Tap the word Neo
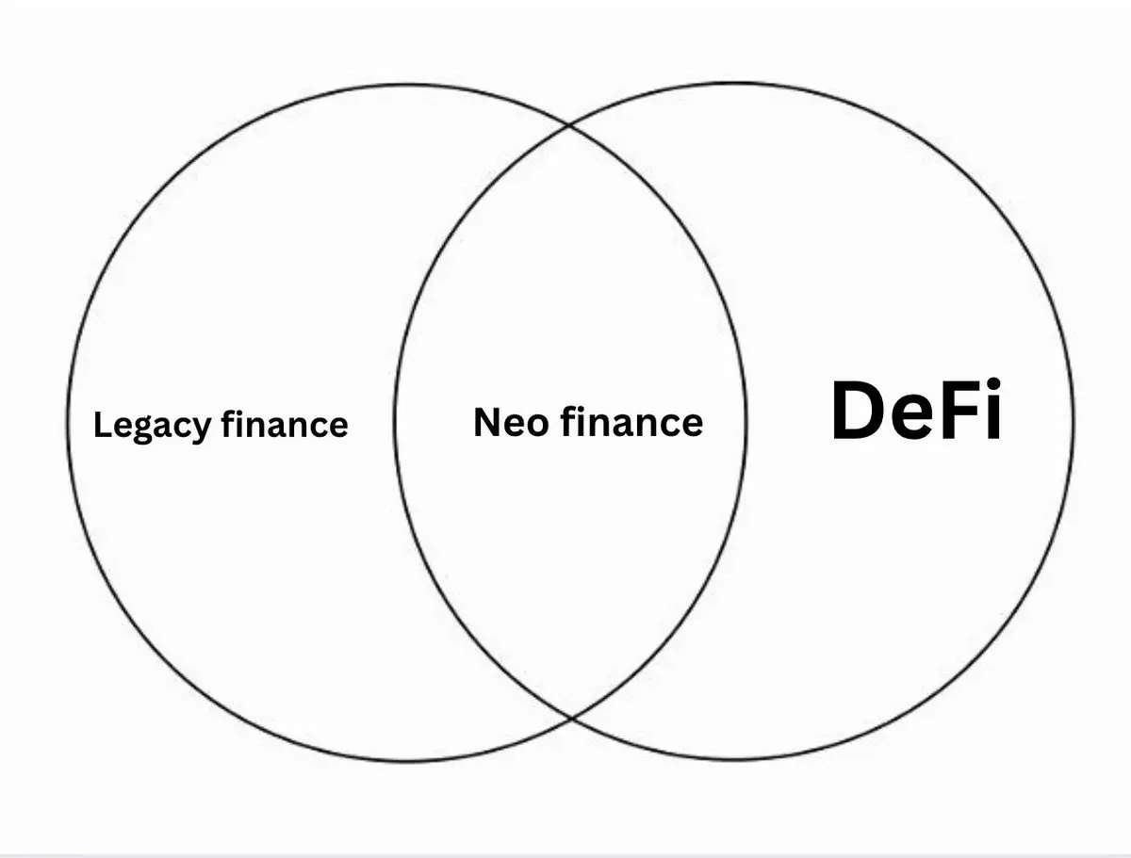tap(511, 422)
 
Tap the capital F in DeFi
tap(959, 411)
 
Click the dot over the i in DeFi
tap(994, 385)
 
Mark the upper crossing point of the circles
tap(568, 124)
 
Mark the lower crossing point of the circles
tap(571, 716)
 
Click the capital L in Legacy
tap(104, 425)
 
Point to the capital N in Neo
tap(486, 422)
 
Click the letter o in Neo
tap(537, 426)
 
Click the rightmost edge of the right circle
tap(1074, 422)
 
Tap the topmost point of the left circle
tap(406, 85)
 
